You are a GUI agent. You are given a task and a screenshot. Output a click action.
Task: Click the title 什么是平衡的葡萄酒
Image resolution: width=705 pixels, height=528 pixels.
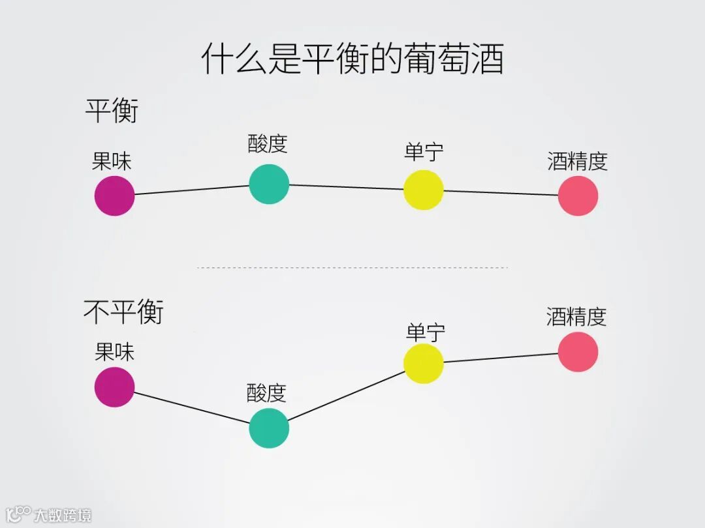(352, 59)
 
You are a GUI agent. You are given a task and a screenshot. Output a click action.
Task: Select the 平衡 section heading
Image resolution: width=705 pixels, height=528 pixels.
(112, 111)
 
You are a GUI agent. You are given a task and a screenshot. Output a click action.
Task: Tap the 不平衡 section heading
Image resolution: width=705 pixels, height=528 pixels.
(123, 312)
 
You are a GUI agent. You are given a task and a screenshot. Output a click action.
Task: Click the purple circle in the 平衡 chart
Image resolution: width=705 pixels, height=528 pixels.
(115, 196)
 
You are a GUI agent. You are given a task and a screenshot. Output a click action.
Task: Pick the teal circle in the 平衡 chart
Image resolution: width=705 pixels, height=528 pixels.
(269, 184)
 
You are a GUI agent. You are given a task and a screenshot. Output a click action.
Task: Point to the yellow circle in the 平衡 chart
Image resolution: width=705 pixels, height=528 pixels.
(424, 190)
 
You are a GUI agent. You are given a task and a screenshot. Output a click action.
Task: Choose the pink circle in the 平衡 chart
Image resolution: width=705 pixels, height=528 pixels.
(578, 196)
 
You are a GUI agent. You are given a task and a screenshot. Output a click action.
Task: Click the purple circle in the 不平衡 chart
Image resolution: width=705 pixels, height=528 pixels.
(115, 387)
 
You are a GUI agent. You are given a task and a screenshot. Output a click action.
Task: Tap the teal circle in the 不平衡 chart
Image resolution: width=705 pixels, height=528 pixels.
(269, 428)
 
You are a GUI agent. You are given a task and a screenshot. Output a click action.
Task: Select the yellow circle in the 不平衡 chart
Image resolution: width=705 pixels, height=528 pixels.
(424, 363)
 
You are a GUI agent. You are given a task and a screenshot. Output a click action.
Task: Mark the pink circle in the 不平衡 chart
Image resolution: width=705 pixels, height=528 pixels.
(578, 352)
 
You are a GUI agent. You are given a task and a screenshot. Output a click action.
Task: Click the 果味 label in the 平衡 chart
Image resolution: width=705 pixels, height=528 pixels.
(112, 161)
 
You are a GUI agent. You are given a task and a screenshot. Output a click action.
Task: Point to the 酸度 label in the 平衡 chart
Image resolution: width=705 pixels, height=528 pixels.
(268, 143)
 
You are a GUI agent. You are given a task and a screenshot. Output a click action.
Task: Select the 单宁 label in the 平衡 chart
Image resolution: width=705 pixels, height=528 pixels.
(424, 152)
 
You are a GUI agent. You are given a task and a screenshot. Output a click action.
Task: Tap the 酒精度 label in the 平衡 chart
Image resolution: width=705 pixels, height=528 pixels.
(578, 161)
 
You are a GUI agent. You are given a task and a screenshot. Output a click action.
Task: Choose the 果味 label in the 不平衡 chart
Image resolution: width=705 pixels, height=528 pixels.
(114, 352)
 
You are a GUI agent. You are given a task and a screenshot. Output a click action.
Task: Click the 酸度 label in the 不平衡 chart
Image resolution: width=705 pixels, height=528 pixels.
(266, 393)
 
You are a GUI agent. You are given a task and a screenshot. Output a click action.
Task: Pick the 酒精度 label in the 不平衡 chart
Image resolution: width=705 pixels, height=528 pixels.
(576, 317)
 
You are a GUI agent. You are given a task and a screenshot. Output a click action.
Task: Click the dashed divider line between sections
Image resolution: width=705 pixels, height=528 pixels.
(352, 267)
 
